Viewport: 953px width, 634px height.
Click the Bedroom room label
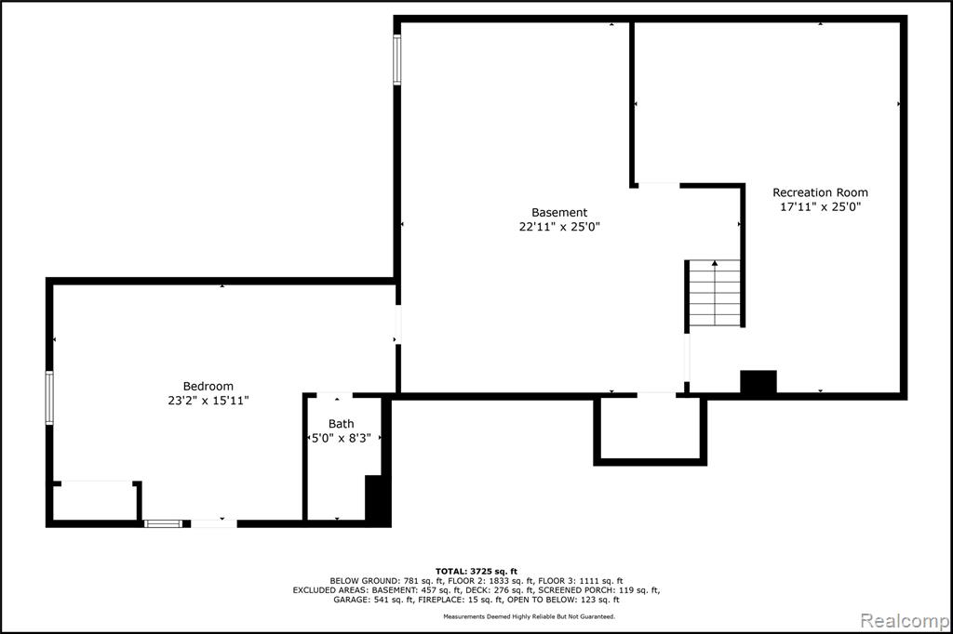point(208,386)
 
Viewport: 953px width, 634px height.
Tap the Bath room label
point(341,424)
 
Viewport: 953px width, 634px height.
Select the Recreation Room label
point(820,192)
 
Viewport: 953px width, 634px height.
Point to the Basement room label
point(559,213)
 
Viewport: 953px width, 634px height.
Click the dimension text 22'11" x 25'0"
point(559,227)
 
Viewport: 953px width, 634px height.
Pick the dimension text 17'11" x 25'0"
point(821,206)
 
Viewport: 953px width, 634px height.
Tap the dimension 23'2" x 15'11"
point(208,401)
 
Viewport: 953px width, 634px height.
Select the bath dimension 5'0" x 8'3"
point(341,438)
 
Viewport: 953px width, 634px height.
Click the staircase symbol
point(715,294)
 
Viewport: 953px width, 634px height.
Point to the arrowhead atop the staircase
point(715,263)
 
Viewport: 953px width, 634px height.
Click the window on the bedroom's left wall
point(49,398)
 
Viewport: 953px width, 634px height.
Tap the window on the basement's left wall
point(396,59)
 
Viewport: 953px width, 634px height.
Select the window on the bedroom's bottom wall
point(163,523)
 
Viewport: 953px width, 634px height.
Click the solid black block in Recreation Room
point(758,382)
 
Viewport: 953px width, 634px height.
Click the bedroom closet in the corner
point(95,502)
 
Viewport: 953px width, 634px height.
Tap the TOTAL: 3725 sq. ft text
point(476,572)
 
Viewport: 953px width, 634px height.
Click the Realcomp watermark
point(905,621)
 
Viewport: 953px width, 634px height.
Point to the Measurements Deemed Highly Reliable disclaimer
point(529,616)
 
